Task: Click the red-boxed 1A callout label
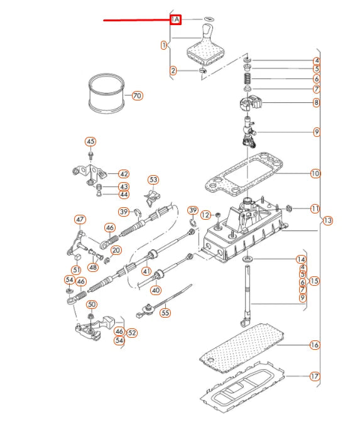click(x=175, y=19)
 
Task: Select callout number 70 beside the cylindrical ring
click(x=137, y=95)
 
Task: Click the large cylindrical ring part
click(x=107, y=94)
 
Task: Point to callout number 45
click(x=90, y=142)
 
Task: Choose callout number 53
click(x=153, y=180)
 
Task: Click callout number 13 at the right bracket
click(x=327, y=220)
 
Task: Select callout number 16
click(x=315, y=345)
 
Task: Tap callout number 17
click(x=315, y=376)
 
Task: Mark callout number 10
click(x=315, y=173)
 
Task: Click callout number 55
click(x=165, y=313)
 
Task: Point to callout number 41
click(x=146, y=271)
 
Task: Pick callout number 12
click(x=205, y=215)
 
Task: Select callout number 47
click(x=80, y=220)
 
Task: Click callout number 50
click(x=92, y=305)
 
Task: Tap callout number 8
click(x=316, y=102)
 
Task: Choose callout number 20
click(x=116, y=251)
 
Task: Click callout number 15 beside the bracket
click(x=314, y=281)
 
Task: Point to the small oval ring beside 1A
click(x=209, y=19)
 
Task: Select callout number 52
click(x=132, y=333)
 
